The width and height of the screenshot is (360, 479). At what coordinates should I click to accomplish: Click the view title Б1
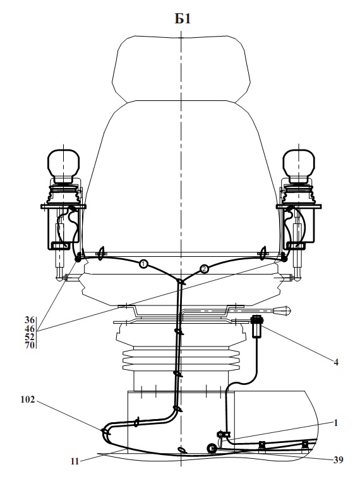point(183,19)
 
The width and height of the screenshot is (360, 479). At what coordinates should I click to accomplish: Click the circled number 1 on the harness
point(143,263)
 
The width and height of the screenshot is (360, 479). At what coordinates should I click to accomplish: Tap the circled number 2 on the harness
point(205,268)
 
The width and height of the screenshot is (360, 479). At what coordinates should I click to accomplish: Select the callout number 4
point(336,362)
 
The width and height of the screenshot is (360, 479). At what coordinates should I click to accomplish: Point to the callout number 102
point(28,399)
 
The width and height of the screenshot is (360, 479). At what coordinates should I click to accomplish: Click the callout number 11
point(75,461)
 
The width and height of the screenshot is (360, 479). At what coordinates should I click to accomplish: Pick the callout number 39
point(338,460)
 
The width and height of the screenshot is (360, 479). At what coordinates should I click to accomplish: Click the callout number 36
point(30,320)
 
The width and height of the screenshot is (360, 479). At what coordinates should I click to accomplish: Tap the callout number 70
point(30,345)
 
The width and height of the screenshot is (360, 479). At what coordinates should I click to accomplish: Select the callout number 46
point(30,329)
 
